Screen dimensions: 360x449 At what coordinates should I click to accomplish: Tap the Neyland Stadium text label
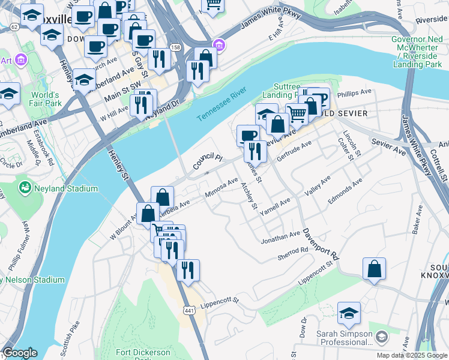(x=66, y=189)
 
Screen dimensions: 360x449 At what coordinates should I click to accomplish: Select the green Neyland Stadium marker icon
(x=25, y=188)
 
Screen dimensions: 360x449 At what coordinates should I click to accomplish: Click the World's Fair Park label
(x=46, y=99)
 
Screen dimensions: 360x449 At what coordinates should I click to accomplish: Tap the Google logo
(x=20, y=353)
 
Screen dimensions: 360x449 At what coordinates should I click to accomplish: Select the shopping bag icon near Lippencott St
(x=374, y=269)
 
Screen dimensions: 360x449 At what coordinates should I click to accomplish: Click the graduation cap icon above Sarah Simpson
(x=349, y=313)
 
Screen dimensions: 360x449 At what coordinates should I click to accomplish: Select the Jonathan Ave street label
(x=280, y=238)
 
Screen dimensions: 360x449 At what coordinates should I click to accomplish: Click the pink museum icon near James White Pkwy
(x=220, y=45)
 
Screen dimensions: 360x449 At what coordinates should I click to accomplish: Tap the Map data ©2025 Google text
(x=411, y=355)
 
